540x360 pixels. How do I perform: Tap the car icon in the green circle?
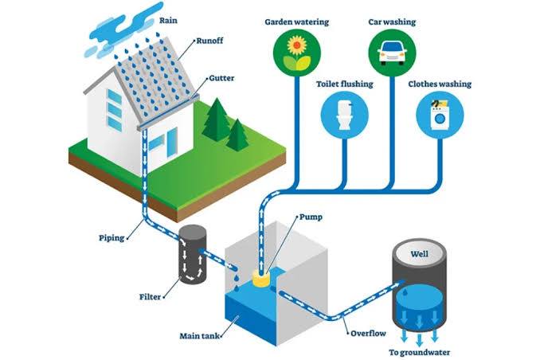tap(392, 53)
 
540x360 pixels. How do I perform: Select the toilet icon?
tap(344, 115)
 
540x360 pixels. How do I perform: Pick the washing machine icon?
tap(440, 115)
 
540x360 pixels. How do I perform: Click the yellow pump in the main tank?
tap(261, 278)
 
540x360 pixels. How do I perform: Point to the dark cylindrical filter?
tap(193, 254)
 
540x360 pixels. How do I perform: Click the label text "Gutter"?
tap(221, 78)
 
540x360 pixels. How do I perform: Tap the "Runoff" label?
tap(209, 41)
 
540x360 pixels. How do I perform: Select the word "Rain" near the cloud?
tap(168, 21)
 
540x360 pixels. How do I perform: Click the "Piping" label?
tap(112, 238)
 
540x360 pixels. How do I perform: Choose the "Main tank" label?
tap(199, 335)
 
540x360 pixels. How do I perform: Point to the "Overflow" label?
tap(368, 333)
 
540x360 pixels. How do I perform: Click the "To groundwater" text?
tap(419, 352)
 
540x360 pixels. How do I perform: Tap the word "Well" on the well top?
tap(419, 254)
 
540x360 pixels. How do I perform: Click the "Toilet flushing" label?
tap(344, 84)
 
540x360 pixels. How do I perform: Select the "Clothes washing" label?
tap(440, 84)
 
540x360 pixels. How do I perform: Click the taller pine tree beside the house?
tap(217, 119)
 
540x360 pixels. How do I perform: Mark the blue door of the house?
tap(172, 142)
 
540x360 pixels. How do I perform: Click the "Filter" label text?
tap(150, 296)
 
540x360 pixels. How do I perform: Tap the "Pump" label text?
tap(311, 217)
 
